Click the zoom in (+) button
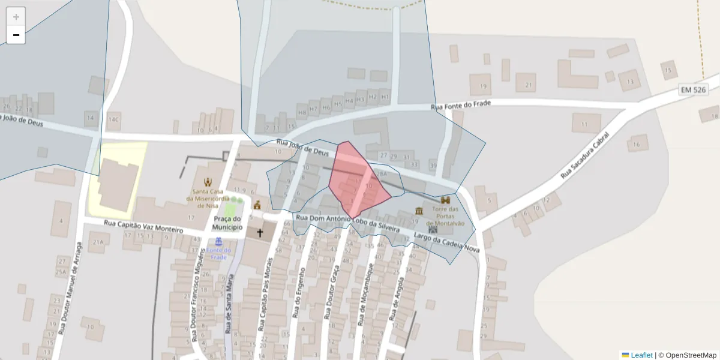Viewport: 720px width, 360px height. (16, 17)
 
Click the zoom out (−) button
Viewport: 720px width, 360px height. (16, 35)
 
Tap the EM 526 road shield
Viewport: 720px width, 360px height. (694, 89)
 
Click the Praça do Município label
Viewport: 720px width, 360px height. (227, 223)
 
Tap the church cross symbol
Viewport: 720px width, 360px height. (260, 232)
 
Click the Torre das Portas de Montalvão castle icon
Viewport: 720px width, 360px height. (445, 200)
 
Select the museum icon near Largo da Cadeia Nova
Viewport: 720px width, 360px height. (418, 211)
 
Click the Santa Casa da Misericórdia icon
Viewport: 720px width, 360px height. (208, 182)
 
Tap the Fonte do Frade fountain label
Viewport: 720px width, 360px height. (218, 253)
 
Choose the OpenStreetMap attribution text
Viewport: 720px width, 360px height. (691, 355)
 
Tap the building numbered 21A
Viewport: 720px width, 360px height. (98, 242)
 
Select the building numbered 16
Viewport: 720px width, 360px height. (637, 145)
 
